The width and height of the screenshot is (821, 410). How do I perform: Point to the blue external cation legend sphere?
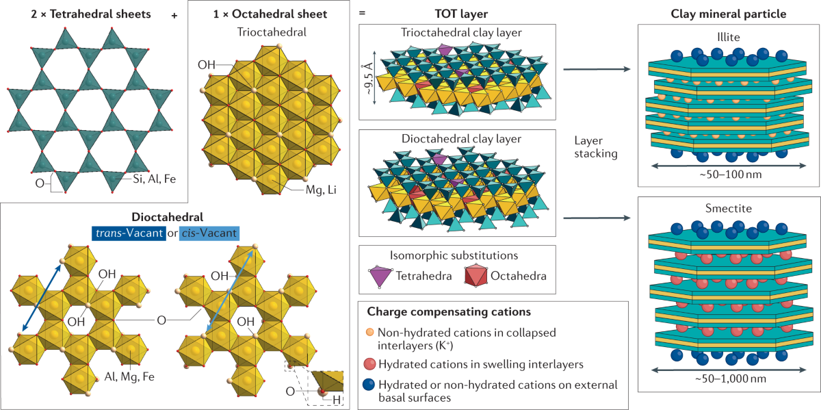click(x=371, y=385)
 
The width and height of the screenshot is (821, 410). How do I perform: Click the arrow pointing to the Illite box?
click(x=595, y=69)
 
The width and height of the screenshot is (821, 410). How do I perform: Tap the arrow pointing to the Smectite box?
click(x=595, y=218)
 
